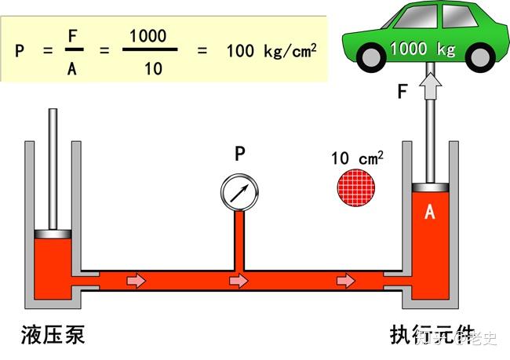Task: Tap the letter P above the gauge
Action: point(240,155)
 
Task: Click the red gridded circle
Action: point(357,188)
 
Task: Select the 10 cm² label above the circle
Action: point(357,158)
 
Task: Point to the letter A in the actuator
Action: point(429,213)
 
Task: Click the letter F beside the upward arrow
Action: point(403,92)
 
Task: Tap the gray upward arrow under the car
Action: point(429,85)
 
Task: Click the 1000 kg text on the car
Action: point(423,49)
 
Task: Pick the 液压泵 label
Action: point(53,336)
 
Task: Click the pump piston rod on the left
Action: point(53,169)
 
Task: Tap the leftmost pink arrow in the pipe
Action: point(137,280)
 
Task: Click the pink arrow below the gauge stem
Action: point(239,280)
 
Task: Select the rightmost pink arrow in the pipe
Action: point(344,280)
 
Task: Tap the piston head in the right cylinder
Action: point(429,188)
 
